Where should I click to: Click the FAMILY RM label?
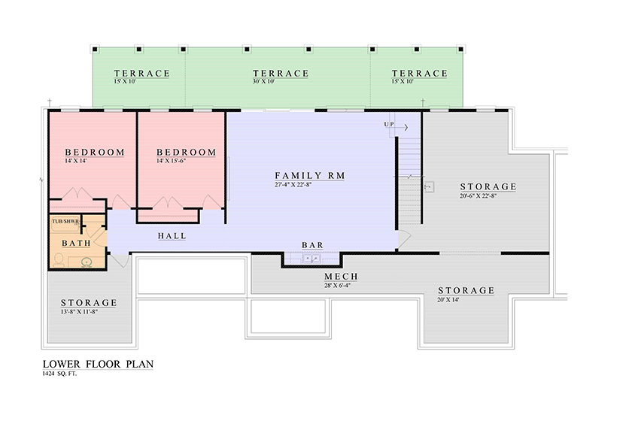click(x=309, y=176)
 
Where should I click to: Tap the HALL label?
click(x=172, y=235)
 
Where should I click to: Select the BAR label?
click(x=313, y=245)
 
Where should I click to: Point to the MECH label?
click(x=341, y=277)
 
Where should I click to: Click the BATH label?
click(x=76, y=243)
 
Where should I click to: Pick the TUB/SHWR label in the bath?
click(x=65, y=221)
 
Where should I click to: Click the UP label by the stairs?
click(x=388, y=124)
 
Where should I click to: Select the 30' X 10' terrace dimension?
click(x=263, y=81)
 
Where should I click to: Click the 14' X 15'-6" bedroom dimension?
click(x=172, y=161)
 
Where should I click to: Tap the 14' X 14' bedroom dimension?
click(x=76, y=161)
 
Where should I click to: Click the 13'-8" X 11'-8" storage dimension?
click(x=80, y=311)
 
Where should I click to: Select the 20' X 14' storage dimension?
click(x=448, y=300)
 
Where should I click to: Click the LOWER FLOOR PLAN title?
click(x=98, y=364)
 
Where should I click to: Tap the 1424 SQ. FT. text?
click(x=59, y=374)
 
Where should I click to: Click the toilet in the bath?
click(x=59, y=259)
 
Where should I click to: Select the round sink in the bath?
click(x=86, y=262)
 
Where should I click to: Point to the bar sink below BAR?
click(x=312, y=259)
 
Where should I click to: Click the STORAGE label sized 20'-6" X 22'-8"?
click(x=488, y=186)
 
